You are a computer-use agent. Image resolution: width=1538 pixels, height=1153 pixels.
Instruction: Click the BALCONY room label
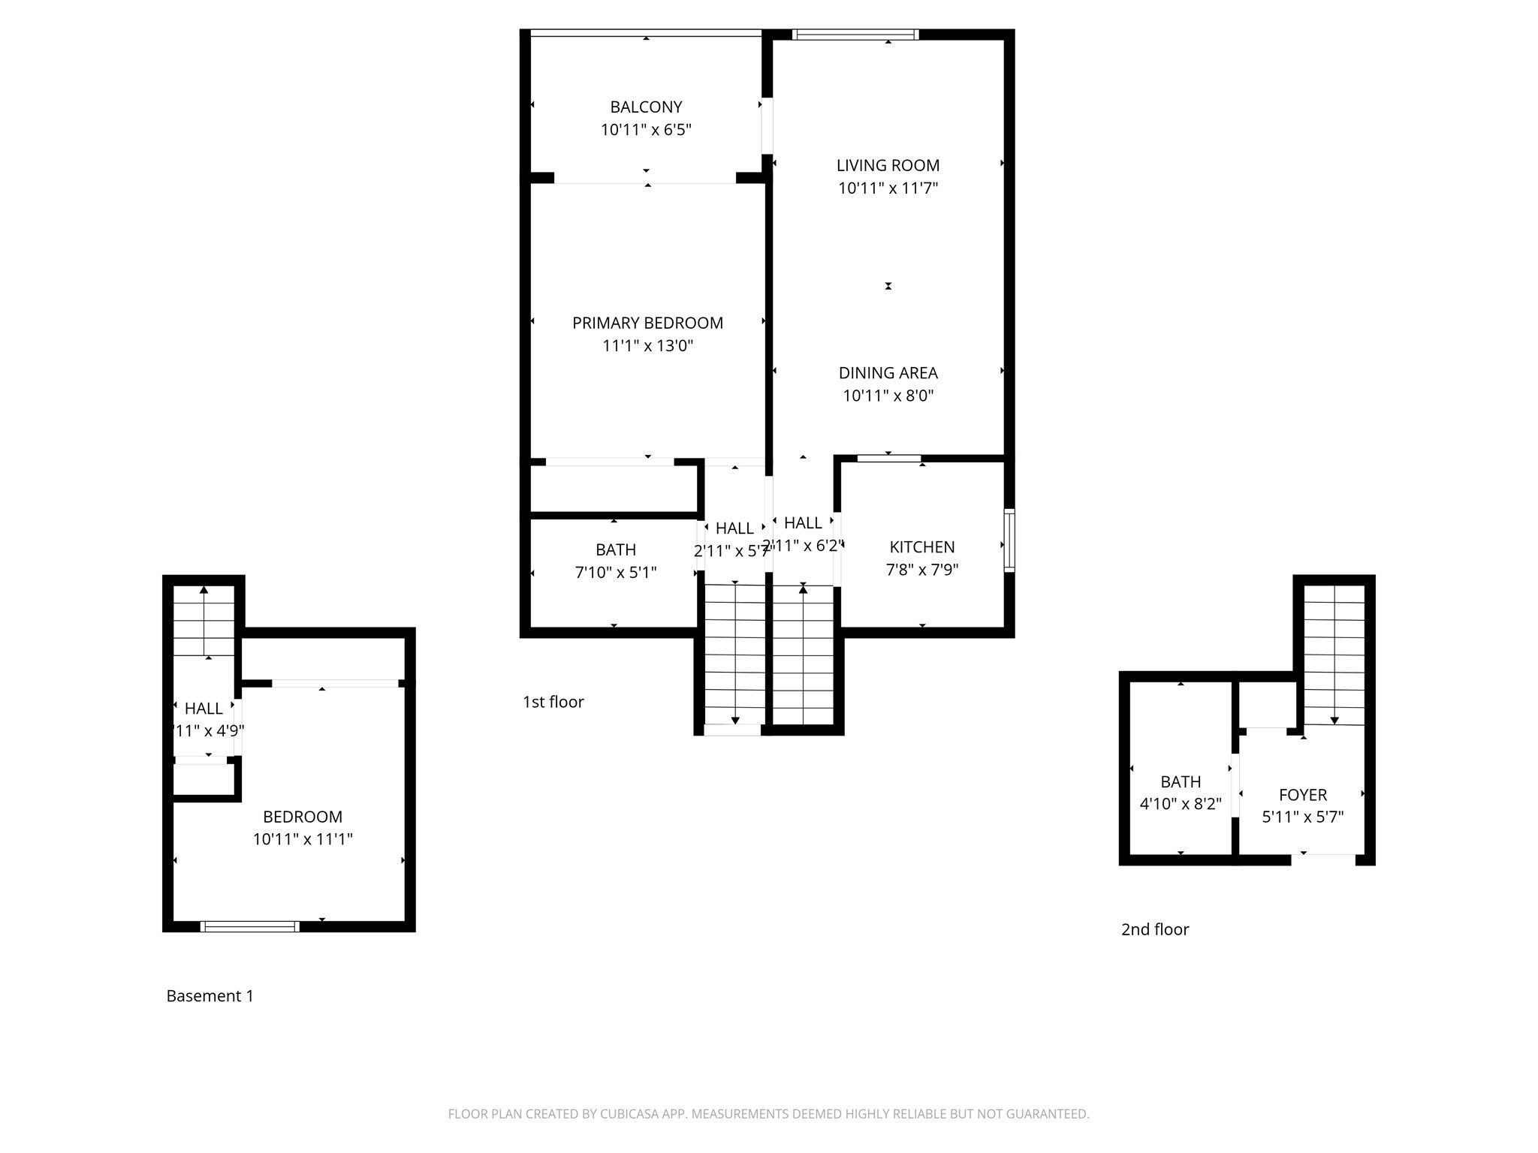point(646,107)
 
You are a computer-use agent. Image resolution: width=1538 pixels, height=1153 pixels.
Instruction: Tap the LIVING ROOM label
point(888,165)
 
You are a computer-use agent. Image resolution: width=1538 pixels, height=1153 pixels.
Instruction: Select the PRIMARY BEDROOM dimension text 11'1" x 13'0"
point(647,346)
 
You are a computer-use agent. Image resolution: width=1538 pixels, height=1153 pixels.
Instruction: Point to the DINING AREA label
point(888,373)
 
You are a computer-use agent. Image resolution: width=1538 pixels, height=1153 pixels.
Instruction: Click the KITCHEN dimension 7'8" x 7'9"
point(922,570)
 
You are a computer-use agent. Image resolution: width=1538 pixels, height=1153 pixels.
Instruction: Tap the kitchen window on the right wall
point(1009,540)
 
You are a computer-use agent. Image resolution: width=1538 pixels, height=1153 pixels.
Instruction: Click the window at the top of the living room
point(856,34)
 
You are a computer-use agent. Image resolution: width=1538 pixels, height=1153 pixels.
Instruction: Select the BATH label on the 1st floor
point(616,549)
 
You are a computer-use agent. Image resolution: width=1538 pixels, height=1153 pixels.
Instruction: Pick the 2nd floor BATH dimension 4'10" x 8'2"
point(1181,804)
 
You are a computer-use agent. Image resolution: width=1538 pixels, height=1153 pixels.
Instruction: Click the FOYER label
point(1303,795)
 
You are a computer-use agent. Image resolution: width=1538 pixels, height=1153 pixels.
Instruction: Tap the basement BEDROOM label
point(303,817)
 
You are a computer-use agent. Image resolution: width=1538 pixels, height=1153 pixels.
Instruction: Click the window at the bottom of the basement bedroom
point(250,926)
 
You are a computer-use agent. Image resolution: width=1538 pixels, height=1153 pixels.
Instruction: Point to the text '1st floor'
point(553,702)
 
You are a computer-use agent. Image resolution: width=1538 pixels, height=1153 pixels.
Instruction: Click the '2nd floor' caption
point(1155,929)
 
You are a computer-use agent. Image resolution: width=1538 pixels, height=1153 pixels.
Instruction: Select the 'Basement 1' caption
point(210,996)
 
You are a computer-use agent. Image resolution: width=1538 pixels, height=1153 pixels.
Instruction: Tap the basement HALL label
point(204,709)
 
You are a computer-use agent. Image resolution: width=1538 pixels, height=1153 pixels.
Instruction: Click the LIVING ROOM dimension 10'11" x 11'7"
point(888,188)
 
